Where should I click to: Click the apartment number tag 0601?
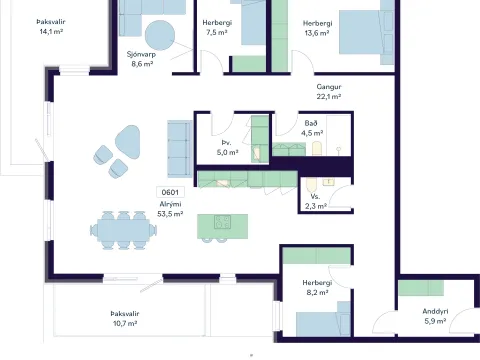coord(170,192)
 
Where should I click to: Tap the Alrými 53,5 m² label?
coord(170,209)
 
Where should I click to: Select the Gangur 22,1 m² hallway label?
coord(329,92)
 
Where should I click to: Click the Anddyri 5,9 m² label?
coord(435,316)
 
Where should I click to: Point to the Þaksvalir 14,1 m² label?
coord(51,27)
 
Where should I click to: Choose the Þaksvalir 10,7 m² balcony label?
coord(125,318)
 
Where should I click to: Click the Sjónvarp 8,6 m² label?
coord(142,59)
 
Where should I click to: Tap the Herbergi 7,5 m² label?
coord(217,27)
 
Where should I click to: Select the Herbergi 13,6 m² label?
coord(317,28)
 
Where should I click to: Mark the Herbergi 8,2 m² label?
coord(317,287)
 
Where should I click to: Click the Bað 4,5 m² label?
coord(312,128)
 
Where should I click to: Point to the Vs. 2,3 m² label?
coord(315,201)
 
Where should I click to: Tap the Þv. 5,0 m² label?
coord(227,147)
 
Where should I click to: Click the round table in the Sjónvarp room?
coord(160,35)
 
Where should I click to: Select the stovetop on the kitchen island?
coord(223,222)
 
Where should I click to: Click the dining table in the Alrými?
coord(123,230)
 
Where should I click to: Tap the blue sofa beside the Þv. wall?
coord(180,149)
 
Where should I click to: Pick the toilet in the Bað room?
coord(317,149)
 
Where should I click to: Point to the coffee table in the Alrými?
coord(127,142)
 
